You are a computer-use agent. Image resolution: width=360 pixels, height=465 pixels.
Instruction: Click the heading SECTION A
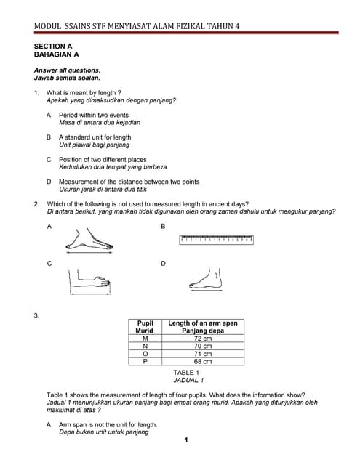53,46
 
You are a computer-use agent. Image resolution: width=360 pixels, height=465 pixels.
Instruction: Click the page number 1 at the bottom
186,440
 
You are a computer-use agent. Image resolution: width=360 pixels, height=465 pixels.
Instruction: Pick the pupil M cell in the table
145,339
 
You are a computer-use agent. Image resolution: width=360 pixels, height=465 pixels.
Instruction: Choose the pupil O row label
145,354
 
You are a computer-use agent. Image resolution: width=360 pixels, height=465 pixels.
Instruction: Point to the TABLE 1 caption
187,372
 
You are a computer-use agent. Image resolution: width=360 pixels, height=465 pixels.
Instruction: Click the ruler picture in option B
217,238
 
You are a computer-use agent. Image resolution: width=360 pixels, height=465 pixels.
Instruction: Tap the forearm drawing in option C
89,280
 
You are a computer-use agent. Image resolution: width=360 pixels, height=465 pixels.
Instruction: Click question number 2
36,204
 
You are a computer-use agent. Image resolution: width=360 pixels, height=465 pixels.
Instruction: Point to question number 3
36,315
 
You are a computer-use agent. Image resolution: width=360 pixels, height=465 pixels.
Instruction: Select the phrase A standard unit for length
95,137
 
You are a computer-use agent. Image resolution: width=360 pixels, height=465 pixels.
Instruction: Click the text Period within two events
93,115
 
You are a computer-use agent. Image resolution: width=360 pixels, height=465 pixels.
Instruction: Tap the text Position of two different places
103,159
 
